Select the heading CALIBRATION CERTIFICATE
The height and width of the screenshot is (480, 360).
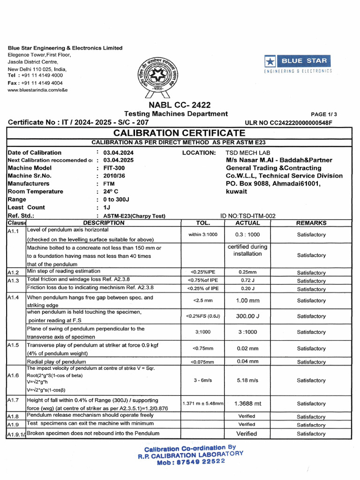180,133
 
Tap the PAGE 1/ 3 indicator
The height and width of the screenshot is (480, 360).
324,114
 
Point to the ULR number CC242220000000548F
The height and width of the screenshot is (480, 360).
288,123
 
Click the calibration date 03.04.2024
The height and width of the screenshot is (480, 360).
119,152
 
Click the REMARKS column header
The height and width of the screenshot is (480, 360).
311,223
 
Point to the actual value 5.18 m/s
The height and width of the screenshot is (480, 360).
247,381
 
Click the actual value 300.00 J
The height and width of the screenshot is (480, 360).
247,316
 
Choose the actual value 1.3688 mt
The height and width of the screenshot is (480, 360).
247,404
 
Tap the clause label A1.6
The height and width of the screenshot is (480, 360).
13,376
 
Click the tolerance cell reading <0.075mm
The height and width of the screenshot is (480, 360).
203,362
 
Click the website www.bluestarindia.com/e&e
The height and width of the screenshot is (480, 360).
38,90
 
